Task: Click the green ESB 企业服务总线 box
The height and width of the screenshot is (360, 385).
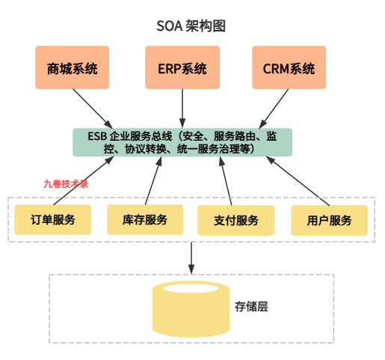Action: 182,142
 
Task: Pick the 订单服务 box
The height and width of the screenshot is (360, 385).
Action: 53,220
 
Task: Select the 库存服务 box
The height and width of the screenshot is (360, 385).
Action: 145,220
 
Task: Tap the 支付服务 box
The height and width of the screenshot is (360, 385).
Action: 235,220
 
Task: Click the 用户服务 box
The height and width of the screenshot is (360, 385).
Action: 329,220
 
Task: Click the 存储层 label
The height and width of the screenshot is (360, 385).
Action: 251,307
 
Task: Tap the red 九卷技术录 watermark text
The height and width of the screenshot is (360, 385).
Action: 66,183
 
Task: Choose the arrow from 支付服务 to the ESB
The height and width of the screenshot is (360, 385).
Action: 228,180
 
